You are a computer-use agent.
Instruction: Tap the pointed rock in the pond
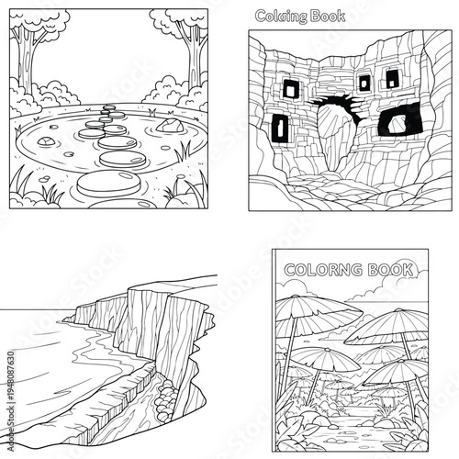[x=168, y=124]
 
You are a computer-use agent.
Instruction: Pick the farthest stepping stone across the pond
[x=110, y=107]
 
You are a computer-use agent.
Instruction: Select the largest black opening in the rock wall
[x=400, y=118]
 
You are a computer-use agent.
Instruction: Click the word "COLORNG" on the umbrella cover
[x=318, y=271]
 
